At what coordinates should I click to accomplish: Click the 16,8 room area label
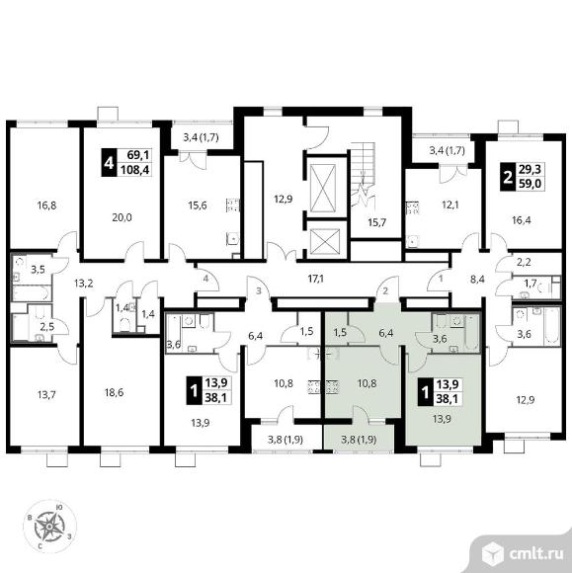46,205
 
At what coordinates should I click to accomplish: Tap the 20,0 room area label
123,217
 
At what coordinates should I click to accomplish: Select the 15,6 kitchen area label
198,205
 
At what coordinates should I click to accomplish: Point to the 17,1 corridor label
316,280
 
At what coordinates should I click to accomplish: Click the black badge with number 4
109,163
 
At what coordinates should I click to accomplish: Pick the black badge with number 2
508,176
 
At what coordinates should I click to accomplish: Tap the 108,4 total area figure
134,170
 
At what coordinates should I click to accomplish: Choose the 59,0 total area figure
530,184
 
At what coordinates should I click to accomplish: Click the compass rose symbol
49,527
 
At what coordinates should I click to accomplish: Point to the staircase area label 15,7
376,222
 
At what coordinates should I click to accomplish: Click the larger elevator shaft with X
322,188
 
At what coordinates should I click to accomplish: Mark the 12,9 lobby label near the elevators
284,200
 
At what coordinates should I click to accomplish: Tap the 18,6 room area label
114,393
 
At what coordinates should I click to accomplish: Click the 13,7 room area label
46,394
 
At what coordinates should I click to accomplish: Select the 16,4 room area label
522,220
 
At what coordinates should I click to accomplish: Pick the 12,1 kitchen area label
449,205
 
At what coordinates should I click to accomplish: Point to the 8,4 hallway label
477,280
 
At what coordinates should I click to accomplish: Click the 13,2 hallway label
83,284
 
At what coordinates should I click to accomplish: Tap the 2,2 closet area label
524,262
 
